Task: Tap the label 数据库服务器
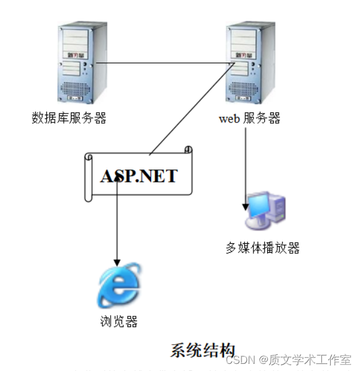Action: (69, 118)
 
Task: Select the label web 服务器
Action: (249, 118)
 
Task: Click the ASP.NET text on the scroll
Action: (139, 176)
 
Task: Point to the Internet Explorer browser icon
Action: (118, 287)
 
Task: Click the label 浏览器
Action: (118, 322)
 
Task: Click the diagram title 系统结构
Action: (203, 350)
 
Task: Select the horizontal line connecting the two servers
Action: (161, 62)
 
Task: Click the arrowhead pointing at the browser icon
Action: (117, 262)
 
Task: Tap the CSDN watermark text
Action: (242, 360)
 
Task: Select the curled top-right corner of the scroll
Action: (189, 149)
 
